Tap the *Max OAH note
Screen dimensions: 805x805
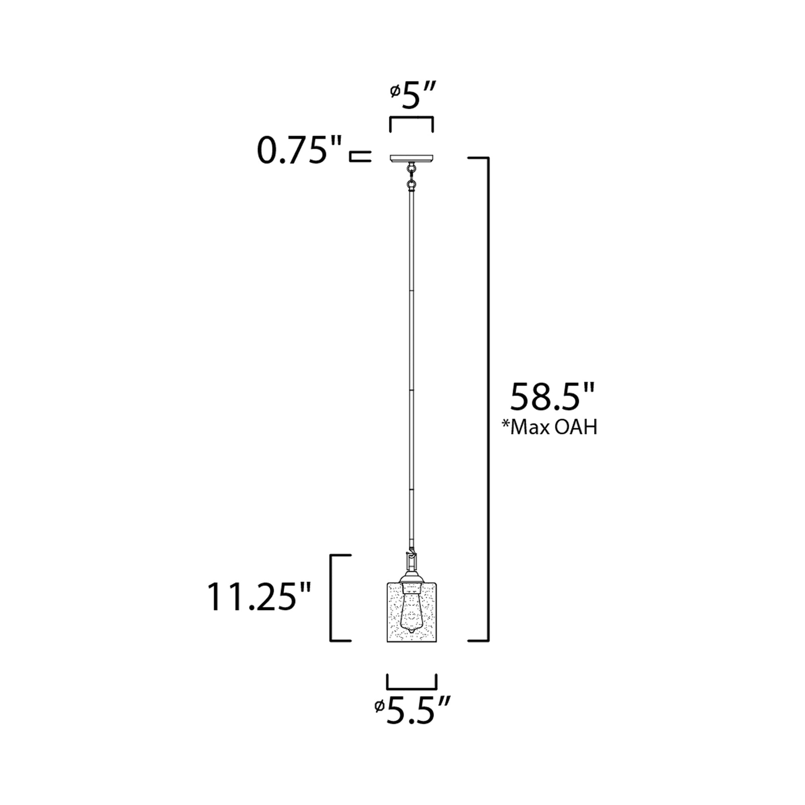[550, 427]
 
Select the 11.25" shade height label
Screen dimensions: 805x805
[259, 597]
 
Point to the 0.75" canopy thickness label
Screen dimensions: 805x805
[299, 151]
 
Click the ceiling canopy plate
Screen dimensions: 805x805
[411, 158]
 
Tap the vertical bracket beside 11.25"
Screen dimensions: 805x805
[331, 598]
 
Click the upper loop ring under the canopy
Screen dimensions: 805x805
[412, 169]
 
